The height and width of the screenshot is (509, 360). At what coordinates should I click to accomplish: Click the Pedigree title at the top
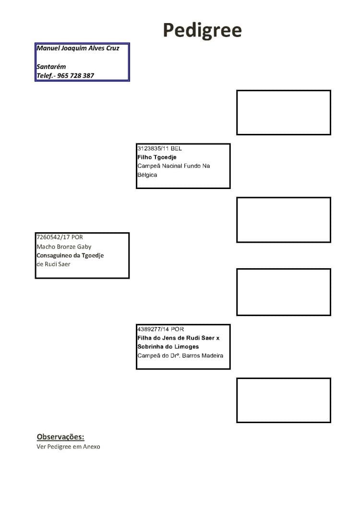click(202, 31)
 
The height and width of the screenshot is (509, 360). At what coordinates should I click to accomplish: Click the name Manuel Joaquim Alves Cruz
click(78, 48)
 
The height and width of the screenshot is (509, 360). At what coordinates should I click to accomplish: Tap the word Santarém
click(51, 67)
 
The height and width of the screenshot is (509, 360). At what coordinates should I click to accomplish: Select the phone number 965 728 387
click(75, 76)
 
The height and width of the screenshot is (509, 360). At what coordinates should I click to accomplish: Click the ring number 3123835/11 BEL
click(159, 148)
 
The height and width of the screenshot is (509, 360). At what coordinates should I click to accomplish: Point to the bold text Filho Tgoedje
click(157, 157)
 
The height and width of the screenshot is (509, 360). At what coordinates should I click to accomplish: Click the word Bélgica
click(147, 175)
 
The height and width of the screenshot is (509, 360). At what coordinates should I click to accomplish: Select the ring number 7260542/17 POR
click(60, 237)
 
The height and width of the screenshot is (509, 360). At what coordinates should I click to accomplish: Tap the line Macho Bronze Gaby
click(64, 247)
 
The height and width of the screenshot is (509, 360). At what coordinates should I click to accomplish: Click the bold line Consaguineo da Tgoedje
click(70, 256)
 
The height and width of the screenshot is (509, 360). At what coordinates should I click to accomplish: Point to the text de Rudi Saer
click(54, 264)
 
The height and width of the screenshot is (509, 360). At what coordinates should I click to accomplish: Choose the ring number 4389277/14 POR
click(160, 329)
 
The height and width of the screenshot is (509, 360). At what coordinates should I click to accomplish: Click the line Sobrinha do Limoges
click(168, 346)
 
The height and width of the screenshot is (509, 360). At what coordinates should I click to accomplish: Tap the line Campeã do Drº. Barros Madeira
click(180, 355)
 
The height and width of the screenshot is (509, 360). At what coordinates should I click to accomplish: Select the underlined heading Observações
click(60, 437)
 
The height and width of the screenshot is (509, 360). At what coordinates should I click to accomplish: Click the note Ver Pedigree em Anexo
click(68, 447)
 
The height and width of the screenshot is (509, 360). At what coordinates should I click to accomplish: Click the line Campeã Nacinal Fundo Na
click(173, 166)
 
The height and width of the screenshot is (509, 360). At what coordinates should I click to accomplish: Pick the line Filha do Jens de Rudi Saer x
click(179, 338)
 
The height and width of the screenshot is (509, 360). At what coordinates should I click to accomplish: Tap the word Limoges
click(187, 346)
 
